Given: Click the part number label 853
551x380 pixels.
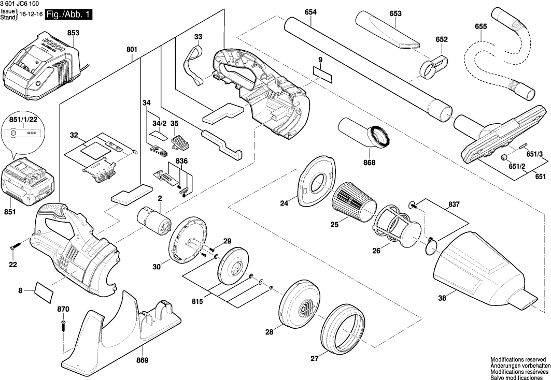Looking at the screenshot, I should point(73,33).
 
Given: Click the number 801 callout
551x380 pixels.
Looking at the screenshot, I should point(132,50).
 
